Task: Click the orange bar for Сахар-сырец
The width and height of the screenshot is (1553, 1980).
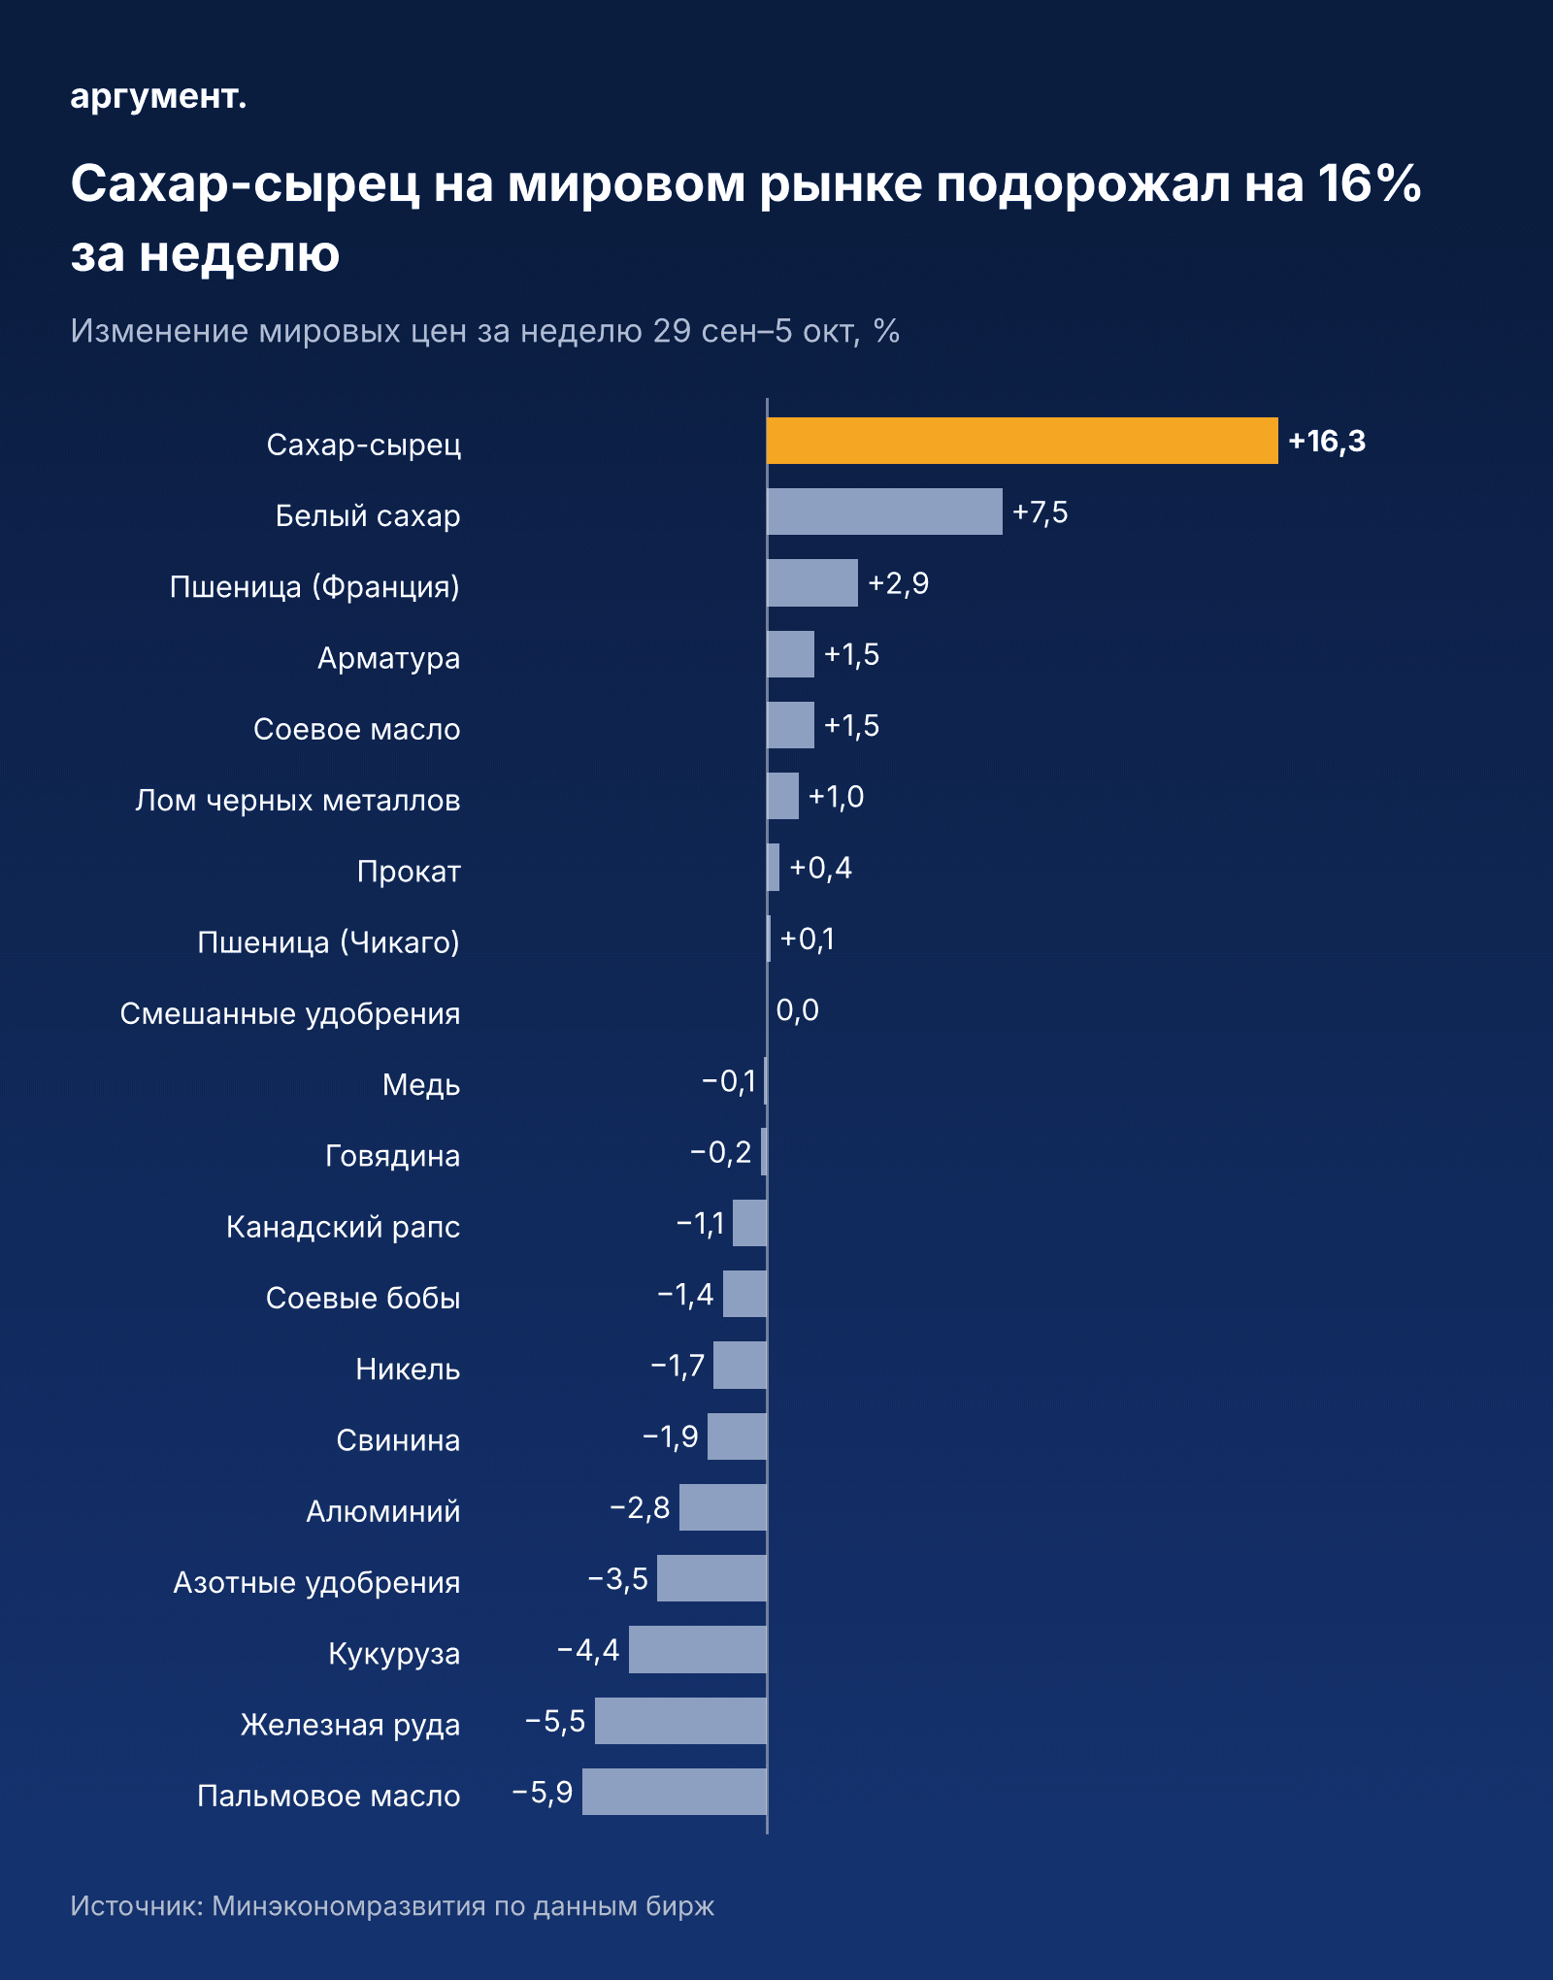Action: [1022, 441]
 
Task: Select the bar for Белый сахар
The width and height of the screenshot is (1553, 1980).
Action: [884, 511]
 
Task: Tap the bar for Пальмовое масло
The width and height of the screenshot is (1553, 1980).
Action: [675, 1792]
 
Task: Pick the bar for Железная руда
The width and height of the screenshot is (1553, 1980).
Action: [680, 1721]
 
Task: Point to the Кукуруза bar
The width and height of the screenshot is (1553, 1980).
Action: [698, 1650]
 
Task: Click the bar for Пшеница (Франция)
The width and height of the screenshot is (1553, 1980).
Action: [812, 582]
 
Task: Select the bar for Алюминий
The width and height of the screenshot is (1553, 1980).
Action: [723, 1507]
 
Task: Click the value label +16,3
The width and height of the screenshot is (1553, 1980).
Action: [1327, 442]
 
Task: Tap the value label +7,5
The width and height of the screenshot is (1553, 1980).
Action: [1040, 512]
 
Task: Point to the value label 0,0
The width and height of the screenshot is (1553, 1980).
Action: [798, 1010]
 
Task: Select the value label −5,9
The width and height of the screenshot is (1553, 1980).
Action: [543, 1792]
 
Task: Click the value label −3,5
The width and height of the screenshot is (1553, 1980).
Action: [618, 1579]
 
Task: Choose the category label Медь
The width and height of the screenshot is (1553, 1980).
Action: [421, 1084]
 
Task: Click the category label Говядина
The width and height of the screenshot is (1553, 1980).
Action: [392, 1156]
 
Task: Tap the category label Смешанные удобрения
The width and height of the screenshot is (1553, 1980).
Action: [290, 1013]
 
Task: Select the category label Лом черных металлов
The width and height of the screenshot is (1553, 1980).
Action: [298, 800]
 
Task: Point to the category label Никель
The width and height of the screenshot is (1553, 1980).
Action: [408, 1369]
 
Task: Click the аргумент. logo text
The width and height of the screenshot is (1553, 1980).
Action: [158, 96]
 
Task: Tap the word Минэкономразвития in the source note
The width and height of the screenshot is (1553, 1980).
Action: [348, 1905]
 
